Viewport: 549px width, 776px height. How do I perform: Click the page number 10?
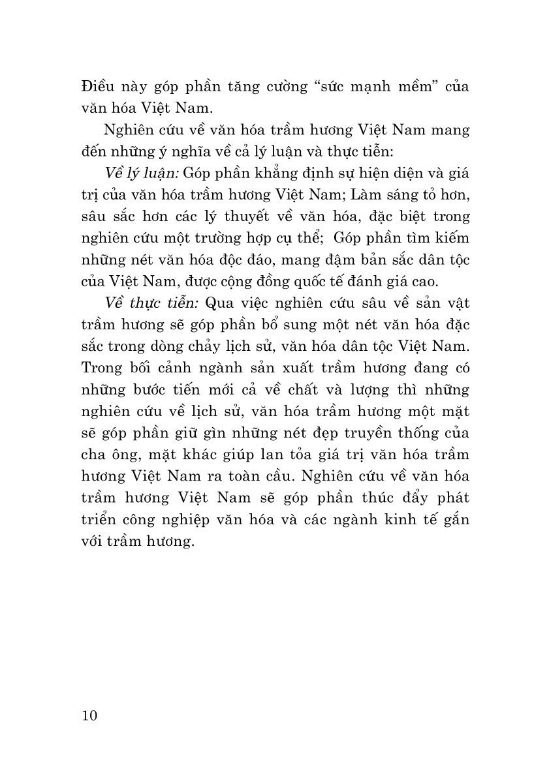90,715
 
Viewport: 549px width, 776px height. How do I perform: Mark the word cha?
95,454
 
